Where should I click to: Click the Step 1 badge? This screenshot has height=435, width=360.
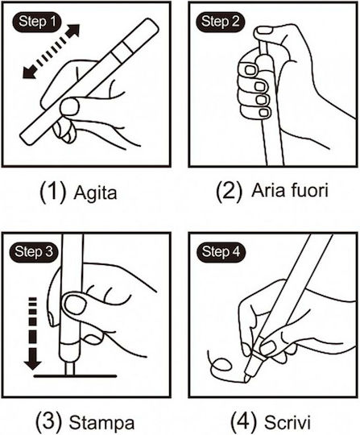(36, 22)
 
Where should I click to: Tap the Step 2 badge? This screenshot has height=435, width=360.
(220, 22)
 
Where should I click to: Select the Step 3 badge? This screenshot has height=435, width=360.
(34, 252)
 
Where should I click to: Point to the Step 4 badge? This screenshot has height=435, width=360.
(221, 252)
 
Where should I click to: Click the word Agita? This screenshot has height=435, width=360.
(95, 193)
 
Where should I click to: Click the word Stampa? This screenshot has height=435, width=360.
(101, 423)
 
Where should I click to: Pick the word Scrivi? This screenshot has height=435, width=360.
(287, 422)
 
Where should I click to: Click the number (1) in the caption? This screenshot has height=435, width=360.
(52, 192)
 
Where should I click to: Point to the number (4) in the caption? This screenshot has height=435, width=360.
(243, 421)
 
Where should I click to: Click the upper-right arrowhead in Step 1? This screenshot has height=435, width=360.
(72, 31)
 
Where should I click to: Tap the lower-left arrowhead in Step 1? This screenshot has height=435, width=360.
(30, 72)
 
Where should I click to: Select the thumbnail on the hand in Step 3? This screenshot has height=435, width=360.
(75, 304)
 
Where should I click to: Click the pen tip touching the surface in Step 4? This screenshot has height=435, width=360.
(246, 379)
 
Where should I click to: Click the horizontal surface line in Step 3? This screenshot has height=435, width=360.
(75, 376)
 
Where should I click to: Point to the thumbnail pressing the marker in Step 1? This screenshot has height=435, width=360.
(69, 106)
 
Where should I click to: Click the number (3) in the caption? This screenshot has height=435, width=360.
(48, 421)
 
